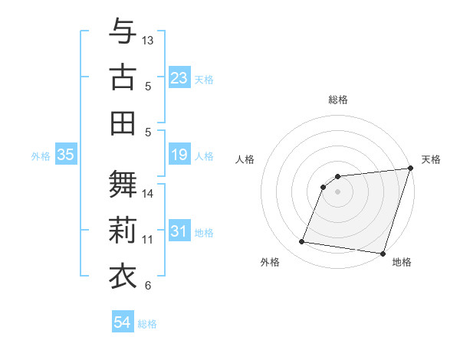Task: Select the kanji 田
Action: point(123,123)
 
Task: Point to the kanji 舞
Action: point(123,184)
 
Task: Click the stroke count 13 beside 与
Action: point(148,39)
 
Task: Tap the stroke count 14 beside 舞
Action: point(148,193)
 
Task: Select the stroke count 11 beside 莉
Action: point(148,240)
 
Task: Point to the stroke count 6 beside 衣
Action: point(148,286)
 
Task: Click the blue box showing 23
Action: point(179,77)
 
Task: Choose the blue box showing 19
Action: point(179,155)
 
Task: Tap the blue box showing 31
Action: point(179,231)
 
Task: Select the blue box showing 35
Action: point(66,155)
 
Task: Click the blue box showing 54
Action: point(123,322)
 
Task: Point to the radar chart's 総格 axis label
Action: point(337,100)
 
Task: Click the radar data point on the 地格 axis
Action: point(383,254)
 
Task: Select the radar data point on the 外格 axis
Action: point(301,242)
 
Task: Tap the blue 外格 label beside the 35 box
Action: point(41,156)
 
